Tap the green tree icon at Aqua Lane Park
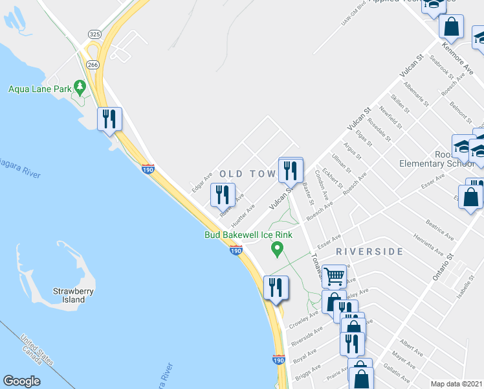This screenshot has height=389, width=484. pyautogui.click(x=80, y=86)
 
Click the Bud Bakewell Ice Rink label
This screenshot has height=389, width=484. pyautogui.click(x=249, y=235)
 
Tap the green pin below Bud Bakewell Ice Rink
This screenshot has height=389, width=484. pyautogui.click(x=278, y=248)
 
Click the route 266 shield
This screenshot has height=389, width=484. pyautogui.click(x=92, y=65)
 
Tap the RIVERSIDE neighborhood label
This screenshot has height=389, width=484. pyautogui.click(x=369, y=251)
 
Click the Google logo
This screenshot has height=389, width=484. pyautogui.click(x=21, y=381)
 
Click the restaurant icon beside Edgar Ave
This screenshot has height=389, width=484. pyautogui.click(x=223, y=194)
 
